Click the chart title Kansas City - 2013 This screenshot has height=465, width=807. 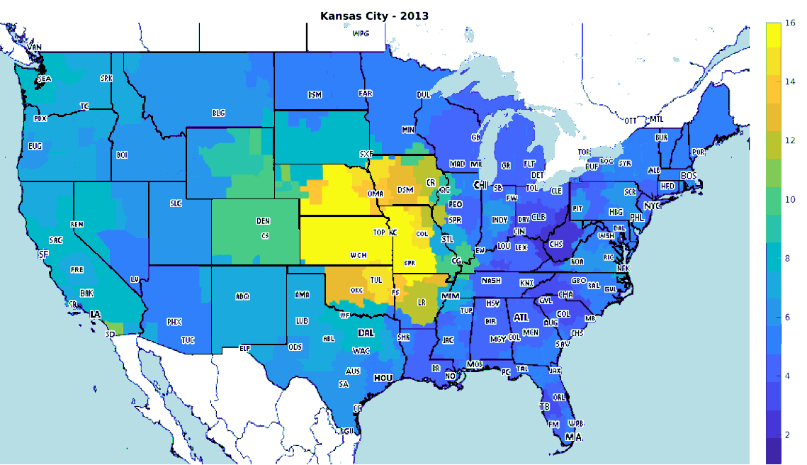click(x=373, y=15)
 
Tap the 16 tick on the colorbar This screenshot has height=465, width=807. click(x=790, y=23)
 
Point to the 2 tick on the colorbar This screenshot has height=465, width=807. click(x=787, y=434)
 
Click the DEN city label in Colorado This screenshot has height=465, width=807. click(x=263, y=221)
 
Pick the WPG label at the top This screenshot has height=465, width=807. click(x=361, y=33)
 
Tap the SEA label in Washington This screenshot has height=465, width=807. click(x=44, y=79)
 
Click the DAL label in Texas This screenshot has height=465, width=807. click(x=366, y=332)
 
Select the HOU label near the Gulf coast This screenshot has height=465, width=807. click(x=383, y=378)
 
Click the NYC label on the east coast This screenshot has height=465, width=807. click(x=651, y=206)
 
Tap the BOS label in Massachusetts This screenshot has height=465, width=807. click(x=689, y=175)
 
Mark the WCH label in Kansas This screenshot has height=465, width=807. click(x=358, y=254)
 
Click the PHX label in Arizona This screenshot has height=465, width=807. click(x=174, y=322)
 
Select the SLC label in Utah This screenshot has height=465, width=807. click(x=176, y=203)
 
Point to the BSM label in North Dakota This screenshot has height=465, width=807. click(x=315, y=95)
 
